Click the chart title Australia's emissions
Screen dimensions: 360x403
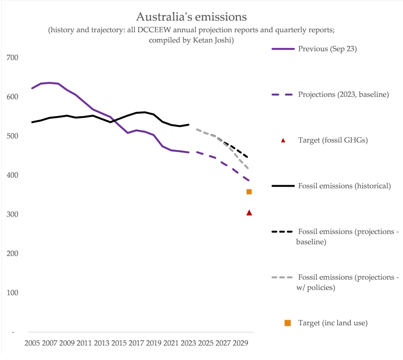coord(191,17)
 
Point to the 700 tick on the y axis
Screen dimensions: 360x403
coord(12,58)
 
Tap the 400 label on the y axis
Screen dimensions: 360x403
coord(12,175)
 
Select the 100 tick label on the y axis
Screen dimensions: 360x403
coord(12,293)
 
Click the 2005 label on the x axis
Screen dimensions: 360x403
coord(32,343)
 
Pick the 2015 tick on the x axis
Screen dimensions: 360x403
coord(119,343)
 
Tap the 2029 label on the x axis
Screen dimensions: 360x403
coord(241,343)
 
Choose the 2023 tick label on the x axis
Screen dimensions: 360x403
coord(189,343)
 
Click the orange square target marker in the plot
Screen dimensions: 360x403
coord(249,192)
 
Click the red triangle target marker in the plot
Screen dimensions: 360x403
coord(249,212)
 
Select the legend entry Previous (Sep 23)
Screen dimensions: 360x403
coord(327,49)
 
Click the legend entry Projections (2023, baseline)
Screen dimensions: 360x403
coord(343,95)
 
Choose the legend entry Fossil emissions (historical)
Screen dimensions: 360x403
coord(344,186)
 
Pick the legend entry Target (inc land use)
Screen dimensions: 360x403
coord(333,323)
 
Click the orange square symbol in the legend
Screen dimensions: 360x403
coord(287,323)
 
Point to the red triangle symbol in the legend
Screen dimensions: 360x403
coord(283,140)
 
